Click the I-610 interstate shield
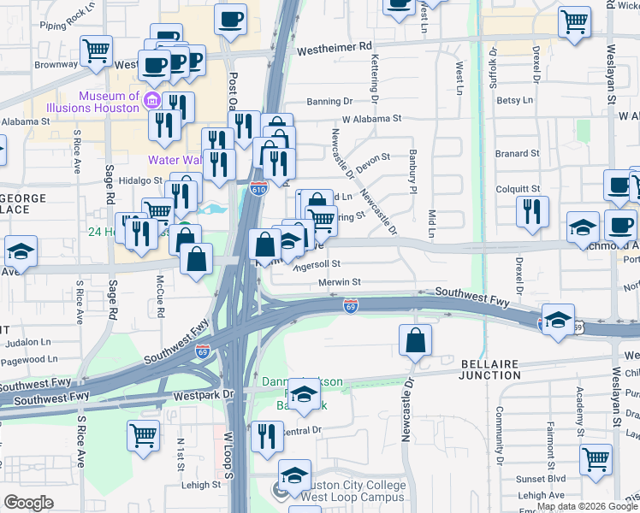(x=258, y=188)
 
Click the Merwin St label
(x=340, y=281)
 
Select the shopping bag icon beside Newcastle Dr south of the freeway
(x=415, y=340)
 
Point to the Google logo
(x=28, y=503)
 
